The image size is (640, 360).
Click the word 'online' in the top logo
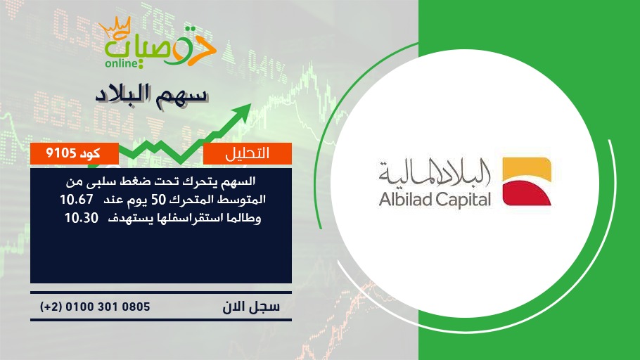[x=121, y=63]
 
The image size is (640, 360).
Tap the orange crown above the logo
[x=115, y=28]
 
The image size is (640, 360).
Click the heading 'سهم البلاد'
[x=152, y=95]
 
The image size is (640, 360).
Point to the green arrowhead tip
[x=250, y=104]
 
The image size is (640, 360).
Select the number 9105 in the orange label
[x=60, y=153]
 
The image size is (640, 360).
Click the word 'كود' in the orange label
[x=90, y=153]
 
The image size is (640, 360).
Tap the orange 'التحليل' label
[x=248, y=153]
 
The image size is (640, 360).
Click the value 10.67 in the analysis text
[x=77, y=200]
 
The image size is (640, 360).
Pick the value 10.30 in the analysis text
[x=82, y=218]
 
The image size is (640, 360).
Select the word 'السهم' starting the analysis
[x=238, y=181]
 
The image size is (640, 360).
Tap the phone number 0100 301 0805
[x=108, y=307]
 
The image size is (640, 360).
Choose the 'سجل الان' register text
[x=252, y=307]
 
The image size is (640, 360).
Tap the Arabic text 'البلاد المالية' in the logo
[x=435, y=172]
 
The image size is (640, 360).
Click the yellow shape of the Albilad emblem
[x=527, y=169]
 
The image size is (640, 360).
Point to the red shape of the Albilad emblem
[x=527, y=193]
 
